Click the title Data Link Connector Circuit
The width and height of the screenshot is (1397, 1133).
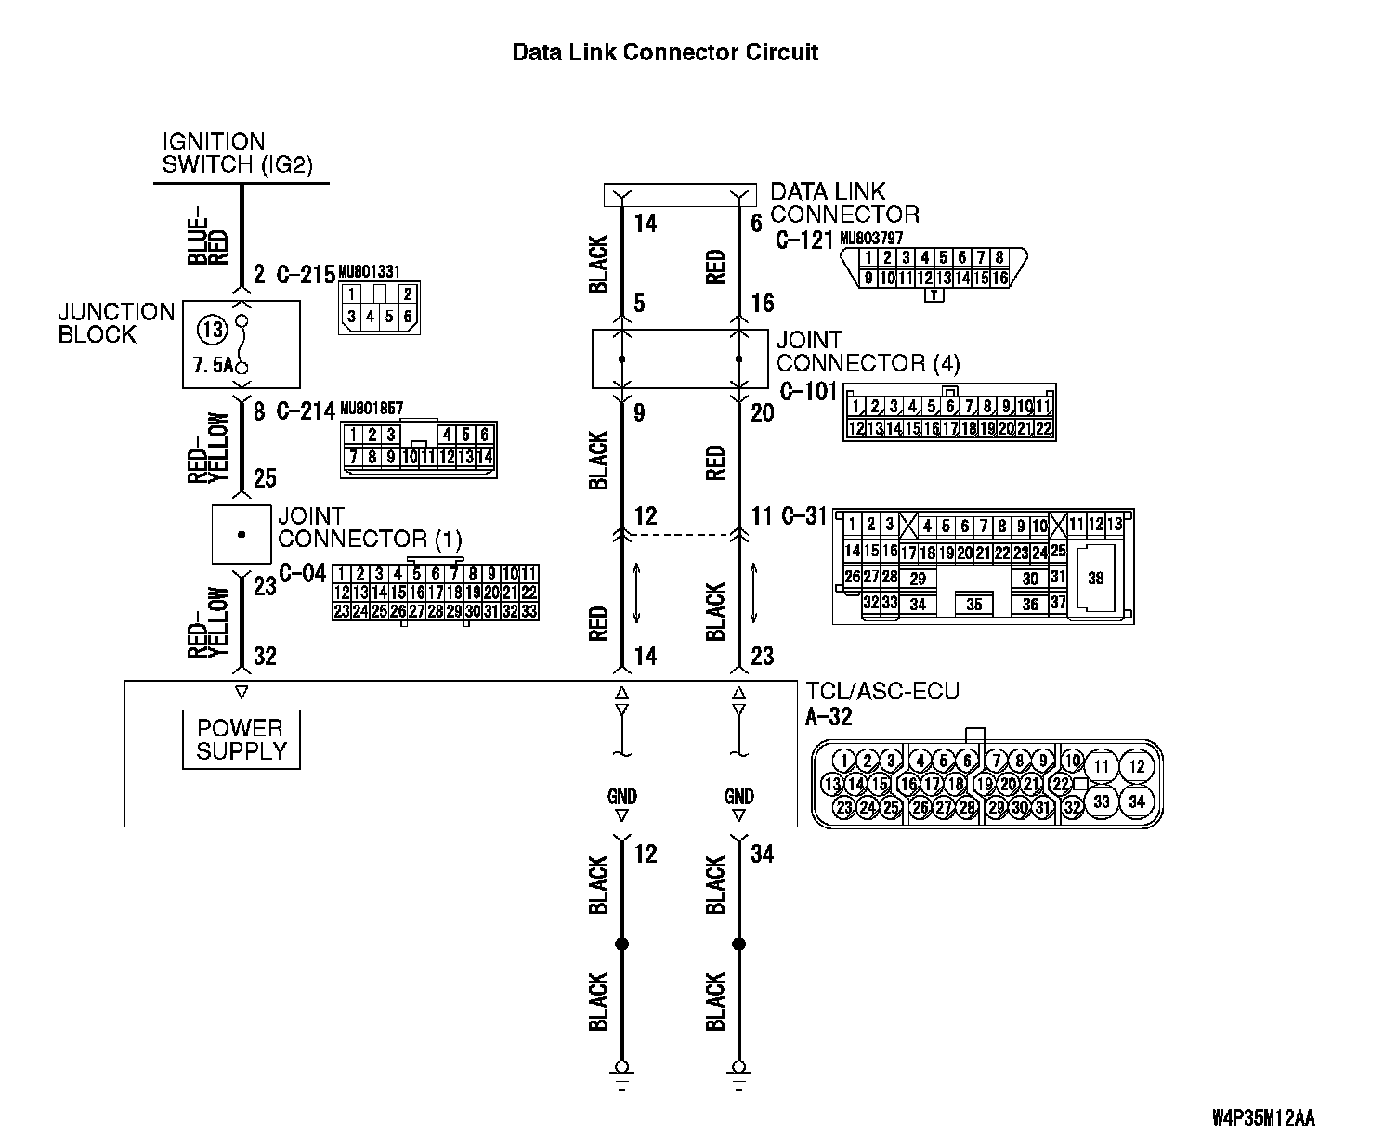coord(665,52)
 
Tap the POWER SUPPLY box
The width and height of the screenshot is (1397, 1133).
coord(242,740)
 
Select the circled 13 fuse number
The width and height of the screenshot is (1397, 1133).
coord(214,328)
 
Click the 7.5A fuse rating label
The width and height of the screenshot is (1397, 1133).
coord(213,366)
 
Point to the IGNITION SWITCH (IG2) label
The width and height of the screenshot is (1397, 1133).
coord(237,153)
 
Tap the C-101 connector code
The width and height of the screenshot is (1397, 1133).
coord(808,391)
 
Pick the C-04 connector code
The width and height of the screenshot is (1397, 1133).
coord(304,573)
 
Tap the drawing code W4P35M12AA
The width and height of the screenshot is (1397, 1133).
coord(1263,1115)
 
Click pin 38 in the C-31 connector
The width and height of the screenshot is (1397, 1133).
coord(1095,578)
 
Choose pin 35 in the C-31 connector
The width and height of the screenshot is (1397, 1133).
coord(973,605)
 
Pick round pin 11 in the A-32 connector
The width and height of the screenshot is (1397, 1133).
coord(1101,767)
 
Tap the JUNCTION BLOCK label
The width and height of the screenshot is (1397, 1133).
coord(116,323)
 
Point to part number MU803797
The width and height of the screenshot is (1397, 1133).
coord(871,239)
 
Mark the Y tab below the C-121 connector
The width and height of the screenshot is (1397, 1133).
coord(934,295)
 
